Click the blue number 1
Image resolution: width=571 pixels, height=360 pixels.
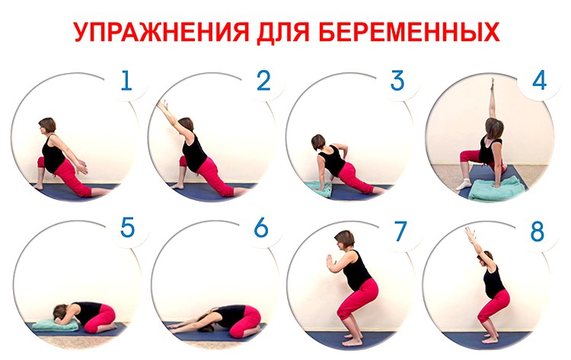point(126,81)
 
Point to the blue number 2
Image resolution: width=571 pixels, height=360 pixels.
point(263,81)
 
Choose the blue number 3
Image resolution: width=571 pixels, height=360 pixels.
point(397,81)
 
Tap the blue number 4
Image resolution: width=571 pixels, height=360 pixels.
point(539,81)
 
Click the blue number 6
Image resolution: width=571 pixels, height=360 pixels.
point(261,230)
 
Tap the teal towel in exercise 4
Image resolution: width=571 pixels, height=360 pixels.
point(496,188)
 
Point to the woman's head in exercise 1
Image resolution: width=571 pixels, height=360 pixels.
point(46,126)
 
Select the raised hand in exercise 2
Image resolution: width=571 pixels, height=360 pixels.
point(161,105)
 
